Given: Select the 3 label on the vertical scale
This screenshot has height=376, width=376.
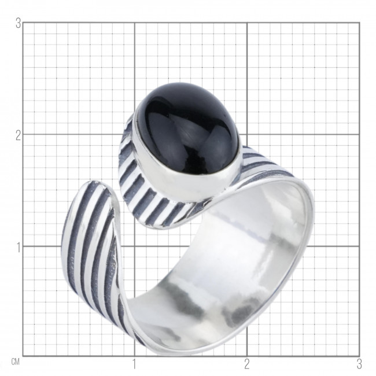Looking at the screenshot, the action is (19, 24).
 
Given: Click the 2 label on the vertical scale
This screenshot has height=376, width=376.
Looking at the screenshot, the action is (19, 136).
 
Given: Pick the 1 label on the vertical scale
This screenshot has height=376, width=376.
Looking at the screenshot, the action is (19, 248).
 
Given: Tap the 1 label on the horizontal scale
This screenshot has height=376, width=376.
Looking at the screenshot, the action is (134, 364).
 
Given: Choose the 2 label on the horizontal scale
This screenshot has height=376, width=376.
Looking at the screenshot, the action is (247, 364).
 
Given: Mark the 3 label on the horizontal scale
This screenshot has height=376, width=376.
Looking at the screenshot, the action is (359, 364).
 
